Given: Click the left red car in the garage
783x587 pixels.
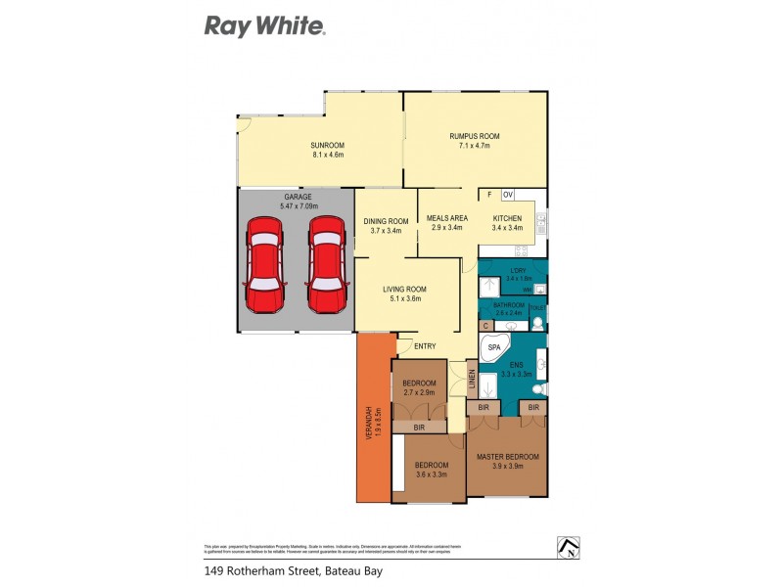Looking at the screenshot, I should click(x=265, y=264).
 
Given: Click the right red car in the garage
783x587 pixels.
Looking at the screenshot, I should click(x=327, y=264).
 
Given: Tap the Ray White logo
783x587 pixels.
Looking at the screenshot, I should click(x=264, y=26).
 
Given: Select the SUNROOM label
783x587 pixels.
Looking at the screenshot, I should click(x=328, y=144).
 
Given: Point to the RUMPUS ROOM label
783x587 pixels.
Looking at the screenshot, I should click(x=475, y=136).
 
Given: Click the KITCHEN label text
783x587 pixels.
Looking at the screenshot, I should click(x=507, y=217).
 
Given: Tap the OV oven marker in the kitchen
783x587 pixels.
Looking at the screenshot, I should click(x=508, y=195).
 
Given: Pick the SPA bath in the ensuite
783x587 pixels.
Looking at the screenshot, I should click(x=494, y=347).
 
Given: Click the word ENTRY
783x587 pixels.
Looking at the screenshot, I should click(x=425, y=346).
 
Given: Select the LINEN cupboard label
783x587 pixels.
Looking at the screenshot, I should click(x=471, y=379).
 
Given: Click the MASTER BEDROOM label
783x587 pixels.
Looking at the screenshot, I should click(x=507, y=457).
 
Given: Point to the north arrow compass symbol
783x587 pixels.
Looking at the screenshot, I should click(x=567, y=547).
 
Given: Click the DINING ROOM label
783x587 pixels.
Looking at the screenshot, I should click(x=387, y=221).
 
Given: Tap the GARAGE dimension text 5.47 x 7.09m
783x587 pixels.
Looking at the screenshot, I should click(x=292, y=205).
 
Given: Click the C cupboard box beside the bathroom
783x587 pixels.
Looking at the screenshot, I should click(x=484, y=325).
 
